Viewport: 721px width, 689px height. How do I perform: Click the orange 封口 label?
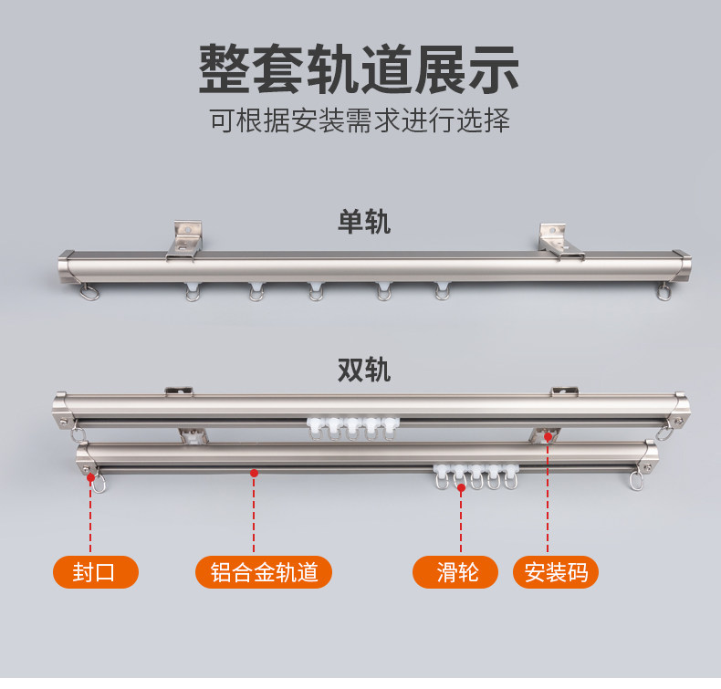(x=95, y=572)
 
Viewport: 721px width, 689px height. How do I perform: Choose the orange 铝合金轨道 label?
(x=264, y=572)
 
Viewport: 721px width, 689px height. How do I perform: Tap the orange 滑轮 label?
(x=455, y=572)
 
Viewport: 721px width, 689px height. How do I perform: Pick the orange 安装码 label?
(x=556, y=572)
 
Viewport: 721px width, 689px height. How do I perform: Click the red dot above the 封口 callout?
(x=91, y=476)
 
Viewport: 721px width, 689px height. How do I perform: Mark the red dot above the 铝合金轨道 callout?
(x=254, y=473)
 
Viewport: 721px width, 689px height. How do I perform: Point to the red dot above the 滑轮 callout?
(x=462, y=488)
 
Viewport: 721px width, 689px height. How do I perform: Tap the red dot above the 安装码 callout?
(x=548, y=437)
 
